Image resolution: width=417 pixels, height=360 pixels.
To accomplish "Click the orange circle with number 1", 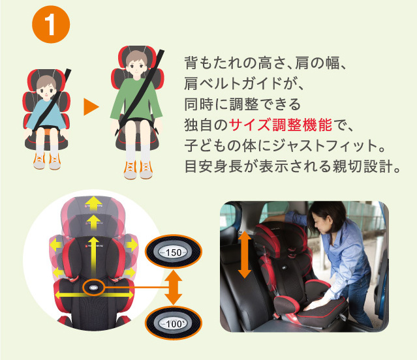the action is coord(51,24).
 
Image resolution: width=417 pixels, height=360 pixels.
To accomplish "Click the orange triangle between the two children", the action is coord(91,107).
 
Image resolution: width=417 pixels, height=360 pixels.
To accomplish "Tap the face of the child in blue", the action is coord(46,89).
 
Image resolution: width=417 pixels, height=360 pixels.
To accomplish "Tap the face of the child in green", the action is coord(136,65).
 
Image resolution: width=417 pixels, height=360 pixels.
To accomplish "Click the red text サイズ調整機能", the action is coord(280,125).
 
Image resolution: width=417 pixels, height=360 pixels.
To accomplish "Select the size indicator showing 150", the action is coord(174,252).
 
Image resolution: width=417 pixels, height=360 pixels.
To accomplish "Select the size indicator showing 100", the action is coord(174,323).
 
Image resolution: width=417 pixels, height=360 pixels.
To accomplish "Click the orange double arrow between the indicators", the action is coord(174,288).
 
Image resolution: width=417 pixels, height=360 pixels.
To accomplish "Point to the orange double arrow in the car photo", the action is coord(245,254).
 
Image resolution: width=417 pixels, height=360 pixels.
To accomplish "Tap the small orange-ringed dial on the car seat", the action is coord(93,288).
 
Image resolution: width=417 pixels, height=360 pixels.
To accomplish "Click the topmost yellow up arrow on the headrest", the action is coord(93,203).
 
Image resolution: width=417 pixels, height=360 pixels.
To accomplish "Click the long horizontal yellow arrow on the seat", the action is coord(95,295).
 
